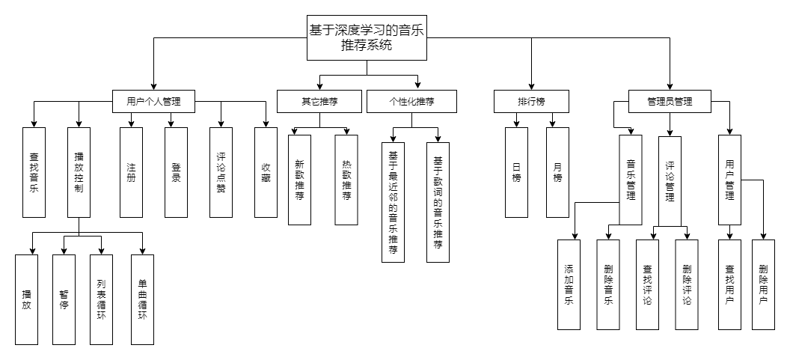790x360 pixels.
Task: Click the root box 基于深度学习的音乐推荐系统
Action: [x=367, y=38]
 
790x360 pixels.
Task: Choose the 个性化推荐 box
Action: [x=411, y=101]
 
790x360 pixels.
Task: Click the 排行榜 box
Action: [x=531, y=101]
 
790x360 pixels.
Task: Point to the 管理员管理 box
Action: [x=670, y=101]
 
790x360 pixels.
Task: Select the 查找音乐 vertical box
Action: [x=34, y=172]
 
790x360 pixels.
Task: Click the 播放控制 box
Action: [x=79, y=172]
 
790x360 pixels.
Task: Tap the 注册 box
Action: [x=131, y=172]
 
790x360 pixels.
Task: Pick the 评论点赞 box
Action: [x=221, y=172]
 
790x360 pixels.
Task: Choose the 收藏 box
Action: [x=266, y=172]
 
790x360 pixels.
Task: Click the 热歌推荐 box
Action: [x=346, y=180]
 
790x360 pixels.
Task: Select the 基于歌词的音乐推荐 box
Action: [x=438, y=202]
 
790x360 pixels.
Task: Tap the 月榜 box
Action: [x=557, y=172]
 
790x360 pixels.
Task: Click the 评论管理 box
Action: [x=670, y=180]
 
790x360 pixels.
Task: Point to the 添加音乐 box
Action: [x=569, y=284]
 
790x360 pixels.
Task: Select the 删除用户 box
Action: [x=763, y=284]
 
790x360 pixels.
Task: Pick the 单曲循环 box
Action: [x=142, y=299]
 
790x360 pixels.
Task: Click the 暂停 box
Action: [x=64, y=299]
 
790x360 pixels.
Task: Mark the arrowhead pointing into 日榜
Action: [x=516, y=124]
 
